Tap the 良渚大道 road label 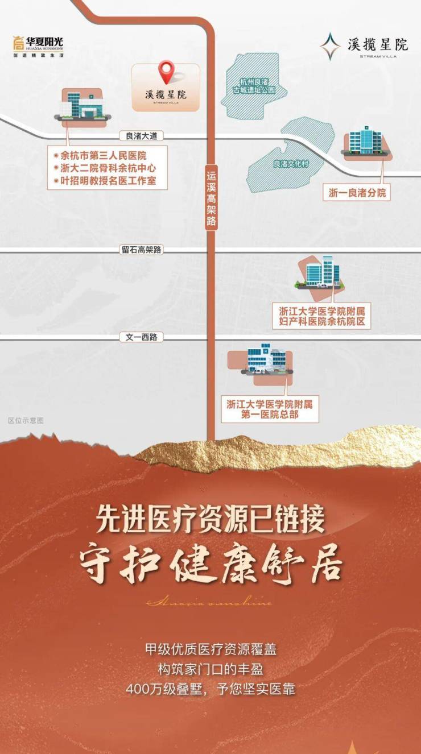coord(142,136)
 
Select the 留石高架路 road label coord(142,250)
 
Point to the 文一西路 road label coord(141,337)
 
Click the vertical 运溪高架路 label coord(211,196)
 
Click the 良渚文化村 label coord(290,164)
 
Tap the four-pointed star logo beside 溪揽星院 coord(329,46)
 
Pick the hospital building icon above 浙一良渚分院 coord(365,142)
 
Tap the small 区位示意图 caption coord(26,421)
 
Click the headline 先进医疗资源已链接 coord(210,519)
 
